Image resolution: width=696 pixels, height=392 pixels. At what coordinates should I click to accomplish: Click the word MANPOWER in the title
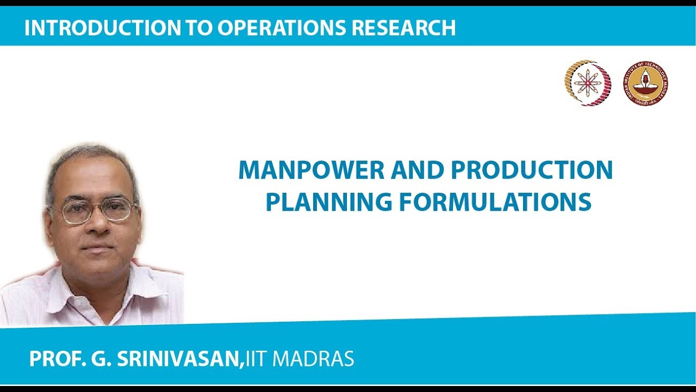(x=308, y=171)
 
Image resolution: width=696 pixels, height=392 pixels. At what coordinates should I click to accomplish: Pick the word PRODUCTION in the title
(x=531, y=171)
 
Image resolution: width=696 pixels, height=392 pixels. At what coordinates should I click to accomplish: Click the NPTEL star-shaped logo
(x=587, y=83)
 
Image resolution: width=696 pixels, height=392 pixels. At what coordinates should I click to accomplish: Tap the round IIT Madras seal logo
(x=645, y=83)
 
